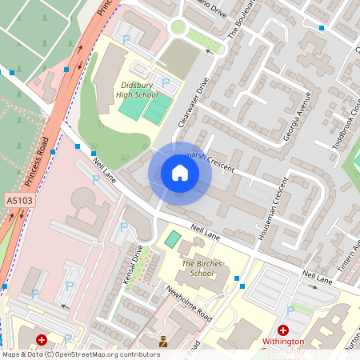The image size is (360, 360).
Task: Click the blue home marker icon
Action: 180,173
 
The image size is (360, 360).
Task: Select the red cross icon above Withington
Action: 282,330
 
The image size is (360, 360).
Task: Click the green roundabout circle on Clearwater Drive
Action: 178,27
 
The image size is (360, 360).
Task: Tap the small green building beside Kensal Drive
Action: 171,239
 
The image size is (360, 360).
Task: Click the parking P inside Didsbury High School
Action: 166,82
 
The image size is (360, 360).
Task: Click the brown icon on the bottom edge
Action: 164,342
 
